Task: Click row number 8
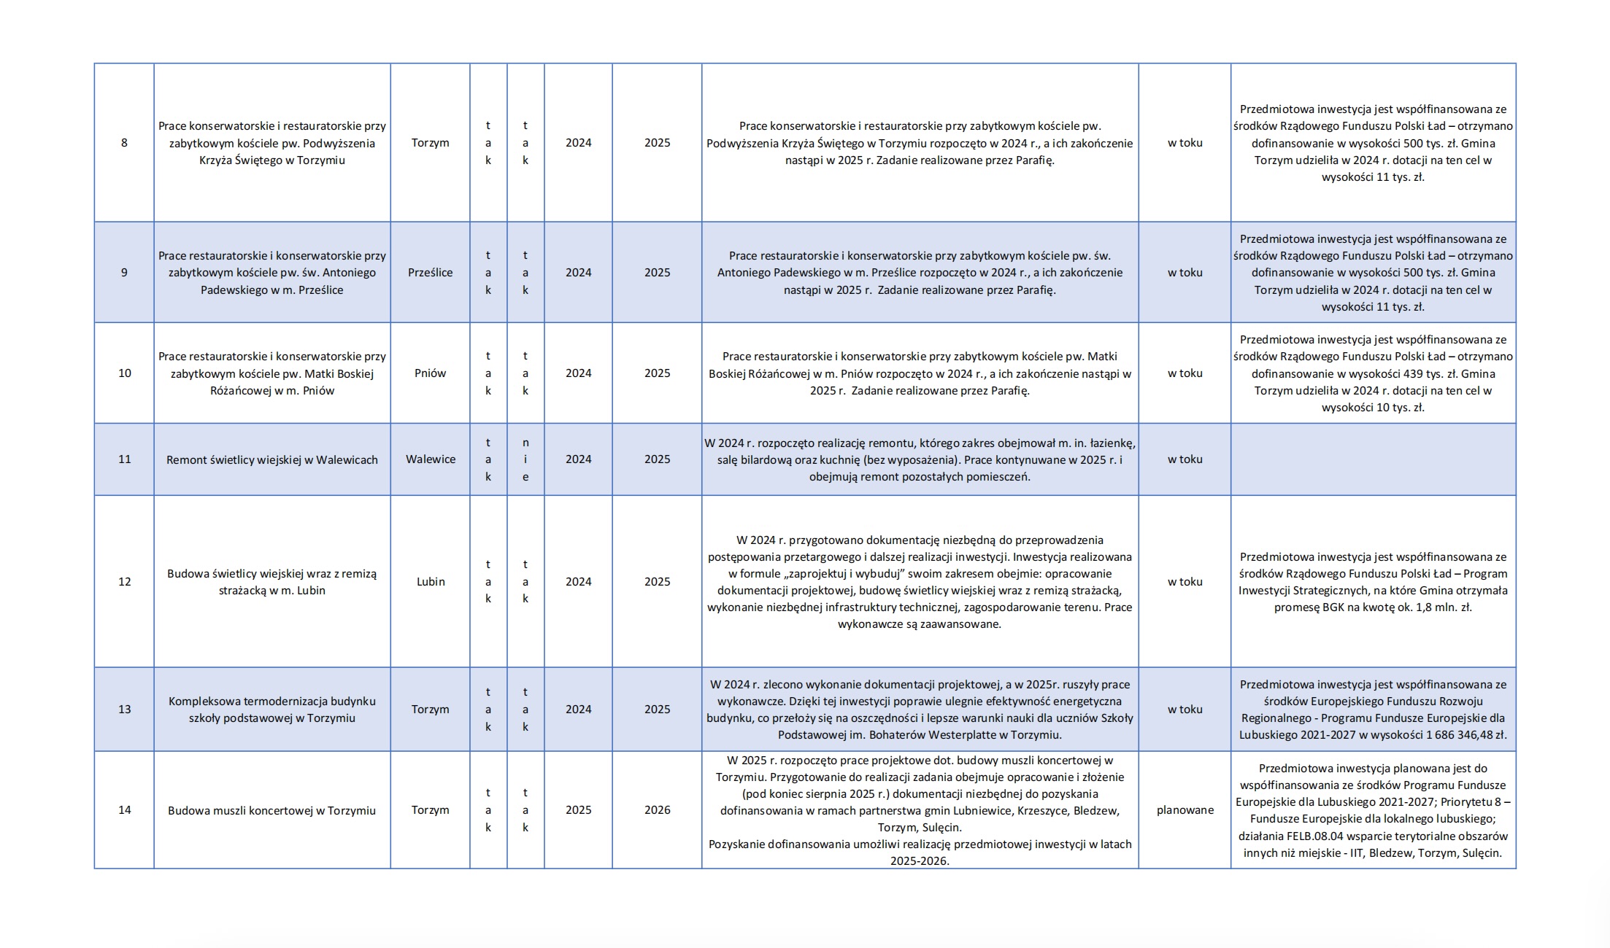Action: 124,143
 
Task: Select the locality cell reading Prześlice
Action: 430,273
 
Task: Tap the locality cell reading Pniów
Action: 430,373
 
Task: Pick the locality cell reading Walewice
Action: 431,459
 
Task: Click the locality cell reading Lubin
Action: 431,582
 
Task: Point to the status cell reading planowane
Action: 1185,810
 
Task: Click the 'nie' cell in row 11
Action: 525,459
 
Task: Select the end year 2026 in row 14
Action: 657,810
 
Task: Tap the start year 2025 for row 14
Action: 578,810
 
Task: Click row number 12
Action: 125,582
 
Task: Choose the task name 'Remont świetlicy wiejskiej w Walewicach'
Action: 272,460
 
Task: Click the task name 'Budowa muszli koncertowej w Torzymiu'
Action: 271,811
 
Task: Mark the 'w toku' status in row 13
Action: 1185,710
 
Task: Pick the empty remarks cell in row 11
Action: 1373,459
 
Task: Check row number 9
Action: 124,273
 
